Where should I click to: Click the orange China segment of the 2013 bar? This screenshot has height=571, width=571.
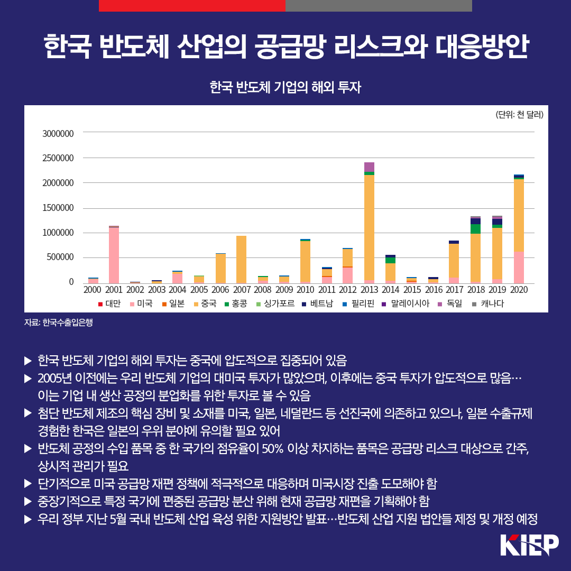pos(369,227)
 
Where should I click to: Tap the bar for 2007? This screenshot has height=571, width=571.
pos(241,259)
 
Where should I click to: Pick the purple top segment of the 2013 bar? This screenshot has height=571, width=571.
pos(369,167)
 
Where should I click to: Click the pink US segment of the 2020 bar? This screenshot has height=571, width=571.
pos(519,267)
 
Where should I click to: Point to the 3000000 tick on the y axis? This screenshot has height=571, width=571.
pos(58,133)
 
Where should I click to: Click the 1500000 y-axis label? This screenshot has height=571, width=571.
pos(58,208)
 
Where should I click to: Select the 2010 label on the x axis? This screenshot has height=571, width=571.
pos(305,290)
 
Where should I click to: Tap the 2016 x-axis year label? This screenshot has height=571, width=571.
pos(433,290)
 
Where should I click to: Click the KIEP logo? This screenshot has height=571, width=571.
pos(529,546)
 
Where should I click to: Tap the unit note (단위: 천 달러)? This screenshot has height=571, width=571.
pos(519,114)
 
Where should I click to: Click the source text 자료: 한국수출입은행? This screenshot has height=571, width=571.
pos(59,323)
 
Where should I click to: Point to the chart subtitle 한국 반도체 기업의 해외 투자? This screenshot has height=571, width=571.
pos(285,87)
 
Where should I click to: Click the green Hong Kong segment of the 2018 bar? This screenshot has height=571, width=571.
pos(476,228)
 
